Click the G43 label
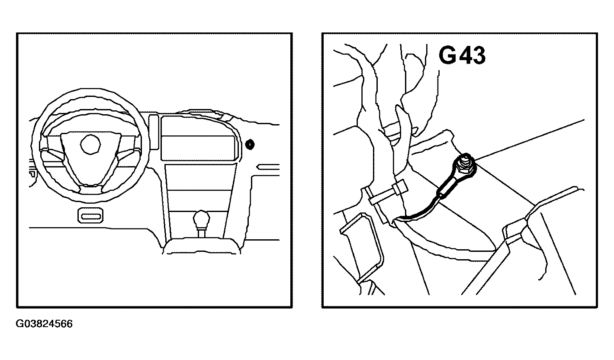click(462, 55)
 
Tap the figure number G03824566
click(44, 324)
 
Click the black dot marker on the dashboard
click(250, 145)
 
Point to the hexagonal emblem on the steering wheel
click(90, 144)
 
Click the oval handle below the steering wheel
click(90, 215)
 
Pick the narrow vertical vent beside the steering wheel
click(154, 132)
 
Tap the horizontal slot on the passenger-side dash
click(268, 167)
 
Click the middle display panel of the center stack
click(199, 148)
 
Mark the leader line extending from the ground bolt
click(530, 140)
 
